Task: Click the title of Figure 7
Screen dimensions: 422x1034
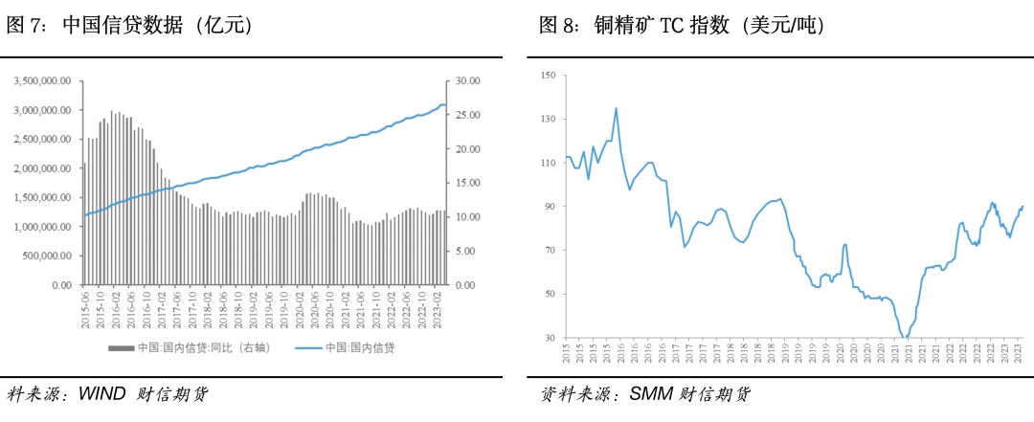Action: pyautogui.click(x=129, y=27)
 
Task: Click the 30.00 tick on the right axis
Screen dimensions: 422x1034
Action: pyautogui.click(x=466, y=81)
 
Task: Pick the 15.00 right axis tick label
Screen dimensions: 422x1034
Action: pyautogui.click(x=466, y=183)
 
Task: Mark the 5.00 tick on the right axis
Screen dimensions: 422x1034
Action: pyautogui.click(x=464, y=251)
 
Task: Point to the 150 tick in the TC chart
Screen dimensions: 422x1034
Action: pyautogui.click(x=548, y=75)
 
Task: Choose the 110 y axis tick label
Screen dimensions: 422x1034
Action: pyautogui.click(x=548, y=163)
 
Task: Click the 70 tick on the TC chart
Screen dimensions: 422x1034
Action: pyautogui.click(x=551, y=251)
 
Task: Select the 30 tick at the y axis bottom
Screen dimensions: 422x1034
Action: pyautogui.click(x=551, y=338)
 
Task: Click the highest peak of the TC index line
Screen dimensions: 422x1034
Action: pyautogui.click(x=616, y=108)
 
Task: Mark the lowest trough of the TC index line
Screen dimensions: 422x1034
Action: pyautogui.click(x=905, y=337)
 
